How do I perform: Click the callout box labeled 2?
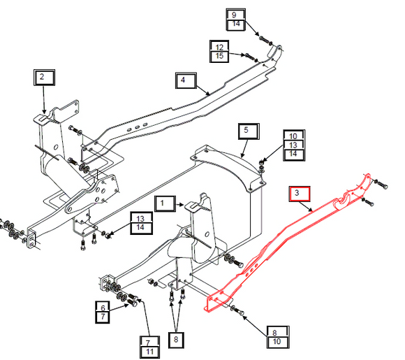44,78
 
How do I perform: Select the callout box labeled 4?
186,80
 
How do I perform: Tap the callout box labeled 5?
249,131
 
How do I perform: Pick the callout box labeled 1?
165,203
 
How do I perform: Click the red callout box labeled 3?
300,194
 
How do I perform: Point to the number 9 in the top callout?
234,15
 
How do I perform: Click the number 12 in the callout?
219,48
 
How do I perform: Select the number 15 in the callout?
219,56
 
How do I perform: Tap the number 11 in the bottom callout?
150,352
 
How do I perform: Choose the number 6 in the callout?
103,308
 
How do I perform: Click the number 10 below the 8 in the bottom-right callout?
277,341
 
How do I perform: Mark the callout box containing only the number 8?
176,340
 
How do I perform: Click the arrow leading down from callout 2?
44,99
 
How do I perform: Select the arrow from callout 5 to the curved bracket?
244,148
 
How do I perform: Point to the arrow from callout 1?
180,205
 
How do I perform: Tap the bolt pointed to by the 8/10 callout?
237,310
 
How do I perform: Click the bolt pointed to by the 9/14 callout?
265,40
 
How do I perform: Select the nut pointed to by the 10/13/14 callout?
261,162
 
